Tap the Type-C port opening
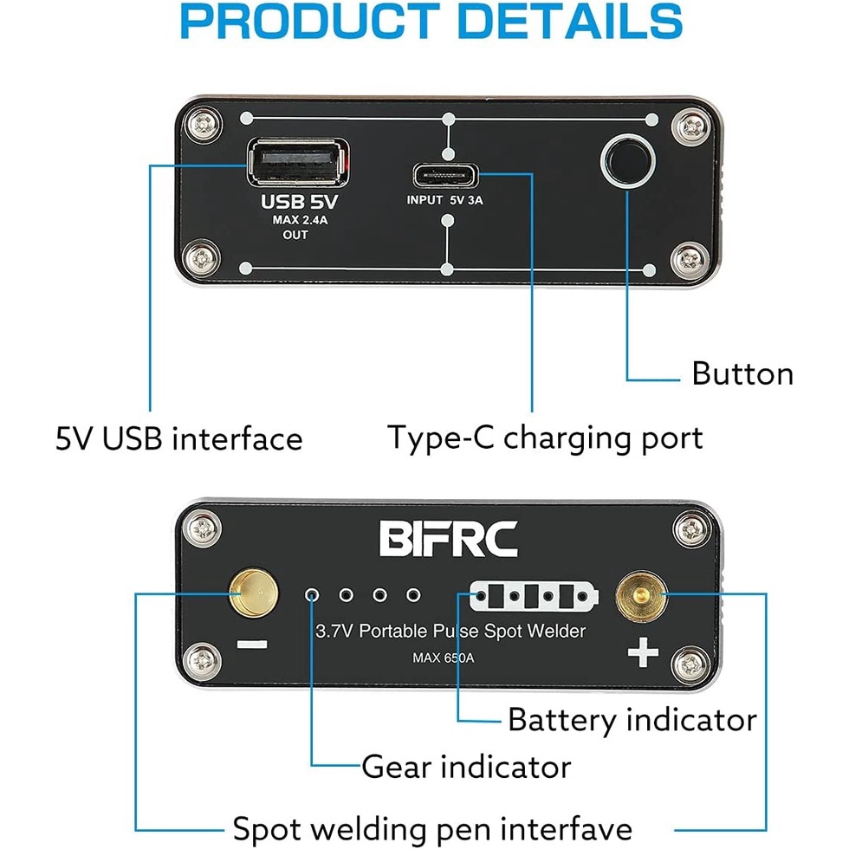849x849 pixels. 444,174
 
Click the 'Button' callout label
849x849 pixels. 742,373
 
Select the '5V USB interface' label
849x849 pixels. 179,438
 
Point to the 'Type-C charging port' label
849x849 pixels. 545,437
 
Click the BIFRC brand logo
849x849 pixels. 449,537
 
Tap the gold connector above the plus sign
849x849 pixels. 638,597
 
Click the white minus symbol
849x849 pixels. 250,645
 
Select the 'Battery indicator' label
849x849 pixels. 632,720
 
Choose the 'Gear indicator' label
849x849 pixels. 466,767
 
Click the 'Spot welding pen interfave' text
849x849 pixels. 432,826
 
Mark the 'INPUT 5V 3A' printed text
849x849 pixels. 444,199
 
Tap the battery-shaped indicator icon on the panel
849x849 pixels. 533,596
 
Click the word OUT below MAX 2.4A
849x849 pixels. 295,236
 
